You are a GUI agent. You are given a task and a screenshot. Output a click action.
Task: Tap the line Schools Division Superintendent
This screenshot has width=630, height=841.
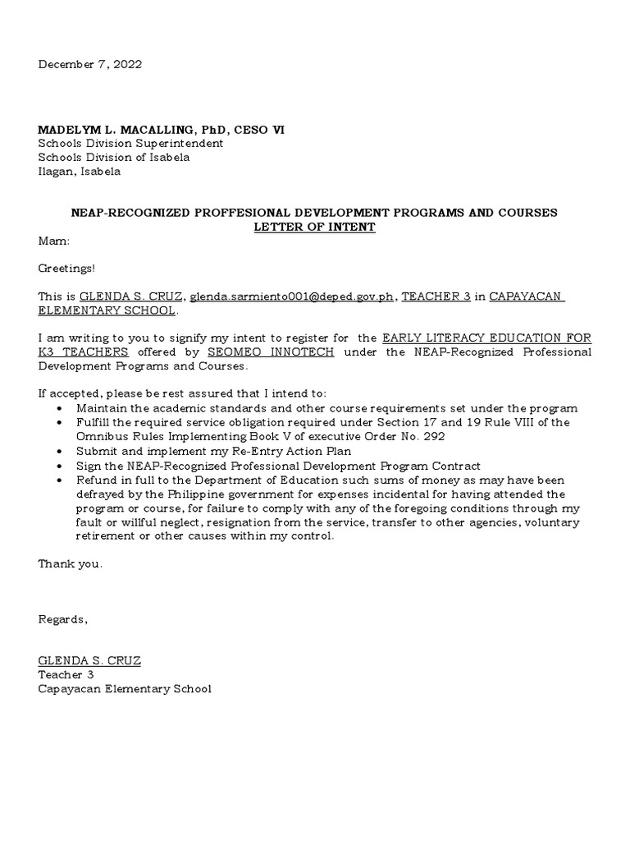coord(130,144)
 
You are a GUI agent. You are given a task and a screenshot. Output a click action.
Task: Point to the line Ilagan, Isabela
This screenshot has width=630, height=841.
coord(80,172)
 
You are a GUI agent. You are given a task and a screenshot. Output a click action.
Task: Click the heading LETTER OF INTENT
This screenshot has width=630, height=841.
coord(314,227)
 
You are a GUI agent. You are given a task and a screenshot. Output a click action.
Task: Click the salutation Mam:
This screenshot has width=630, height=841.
coord(54,241)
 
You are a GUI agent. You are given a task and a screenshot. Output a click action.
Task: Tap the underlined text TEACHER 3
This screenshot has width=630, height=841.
coord(436,296)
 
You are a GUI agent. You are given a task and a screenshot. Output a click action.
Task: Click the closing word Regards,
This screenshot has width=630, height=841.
coord(62,619)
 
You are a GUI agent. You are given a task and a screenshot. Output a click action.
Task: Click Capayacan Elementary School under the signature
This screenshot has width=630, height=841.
coord(125,689)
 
